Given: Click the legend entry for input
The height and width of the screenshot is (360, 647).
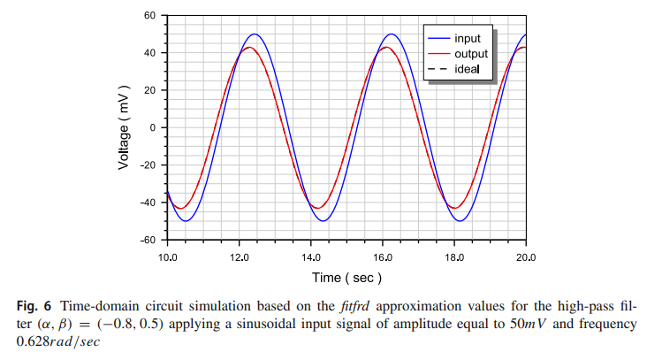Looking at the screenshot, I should pos(468,38).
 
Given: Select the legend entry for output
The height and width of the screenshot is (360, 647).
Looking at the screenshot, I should pos(470,54).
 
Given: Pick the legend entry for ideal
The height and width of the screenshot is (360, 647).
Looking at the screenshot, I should pos(468,70).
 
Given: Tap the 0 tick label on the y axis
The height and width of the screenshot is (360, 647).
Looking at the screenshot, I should pos(152,127).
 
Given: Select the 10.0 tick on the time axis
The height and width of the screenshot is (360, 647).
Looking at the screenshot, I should pos(167,256).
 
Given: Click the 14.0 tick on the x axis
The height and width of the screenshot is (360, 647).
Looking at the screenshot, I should pos(310,256).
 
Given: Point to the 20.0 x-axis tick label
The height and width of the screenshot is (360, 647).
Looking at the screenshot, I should pos(525,256).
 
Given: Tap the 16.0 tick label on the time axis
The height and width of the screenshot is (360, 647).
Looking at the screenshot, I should pos(382,256).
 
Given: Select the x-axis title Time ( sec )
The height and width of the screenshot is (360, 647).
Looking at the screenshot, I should pos(346,278).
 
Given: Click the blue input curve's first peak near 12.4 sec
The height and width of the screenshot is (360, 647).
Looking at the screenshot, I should pos(255,34).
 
